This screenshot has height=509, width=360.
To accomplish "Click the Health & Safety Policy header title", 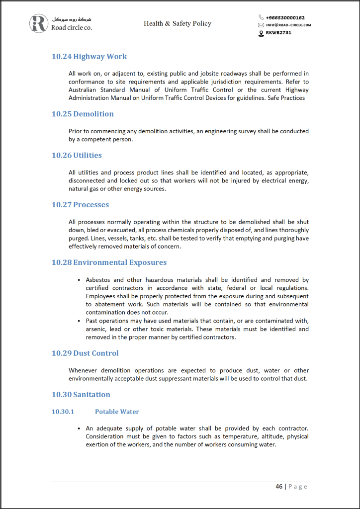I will coord(178,23).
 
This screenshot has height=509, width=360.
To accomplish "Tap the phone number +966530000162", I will coord(285,17).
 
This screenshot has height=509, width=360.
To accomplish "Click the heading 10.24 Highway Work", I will coord(89,56).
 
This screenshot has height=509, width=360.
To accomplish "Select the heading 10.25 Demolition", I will coord(83,114).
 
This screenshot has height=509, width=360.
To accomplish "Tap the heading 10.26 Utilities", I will coord(77,155).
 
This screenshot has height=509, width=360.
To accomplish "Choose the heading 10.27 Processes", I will coord(80,204).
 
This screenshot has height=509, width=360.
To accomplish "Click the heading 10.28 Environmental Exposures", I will coord(109,262).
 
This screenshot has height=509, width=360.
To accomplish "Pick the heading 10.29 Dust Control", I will coord(85,353).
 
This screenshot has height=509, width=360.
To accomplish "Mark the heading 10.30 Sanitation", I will coord(81,394).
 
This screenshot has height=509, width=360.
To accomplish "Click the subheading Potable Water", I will coord(117,412).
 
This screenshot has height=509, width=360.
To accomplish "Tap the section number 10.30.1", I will coord(63,412).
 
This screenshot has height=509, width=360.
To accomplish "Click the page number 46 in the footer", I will coord(279,486).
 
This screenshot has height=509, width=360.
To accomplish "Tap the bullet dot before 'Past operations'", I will coord(79,321).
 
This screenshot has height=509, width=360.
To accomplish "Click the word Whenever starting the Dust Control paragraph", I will coord(83,370).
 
